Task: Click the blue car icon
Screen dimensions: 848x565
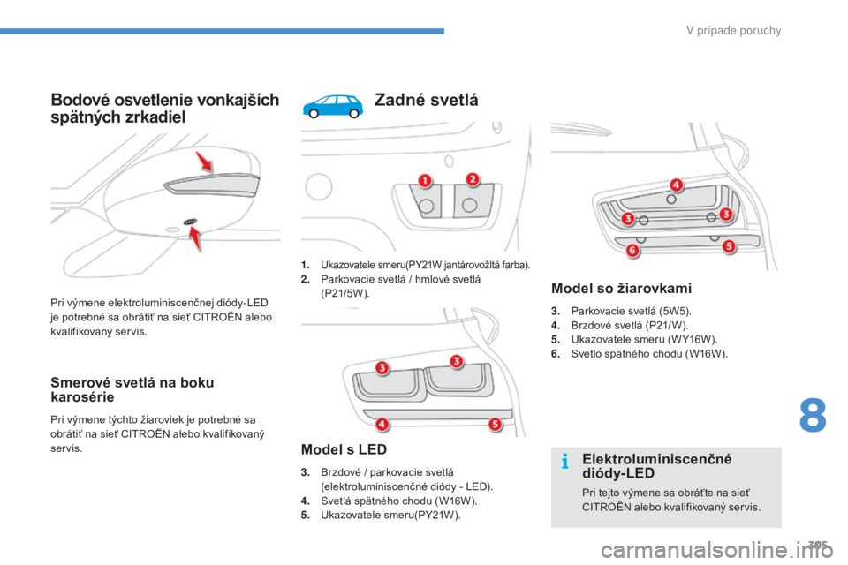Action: point(333,105)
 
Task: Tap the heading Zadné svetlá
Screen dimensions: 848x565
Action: point(426,100)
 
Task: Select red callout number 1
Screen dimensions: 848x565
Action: point(425,181)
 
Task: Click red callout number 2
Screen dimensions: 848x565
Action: point(472,179)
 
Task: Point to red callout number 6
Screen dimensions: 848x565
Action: point(632,251)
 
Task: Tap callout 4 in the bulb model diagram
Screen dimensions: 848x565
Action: point(676,185)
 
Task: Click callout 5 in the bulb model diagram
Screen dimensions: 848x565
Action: point(729,246)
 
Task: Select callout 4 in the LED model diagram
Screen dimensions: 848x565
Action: point(382,424)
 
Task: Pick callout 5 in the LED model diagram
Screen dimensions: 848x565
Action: point(495,425)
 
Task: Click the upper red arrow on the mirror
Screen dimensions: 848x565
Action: point(204,162)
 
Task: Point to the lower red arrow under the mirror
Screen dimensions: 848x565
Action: point(194,238)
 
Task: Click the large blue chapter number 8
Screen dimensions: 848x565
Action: point(813,415)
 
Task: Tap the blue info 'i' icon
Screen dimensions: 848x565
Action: point(565,461)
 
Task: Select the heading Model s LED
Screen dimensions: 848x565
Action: point(344,449)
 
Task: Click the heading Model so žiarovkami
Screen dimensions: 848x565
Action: point(621,288)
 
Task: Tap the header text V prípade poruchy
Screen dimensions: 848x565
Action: point(733,30)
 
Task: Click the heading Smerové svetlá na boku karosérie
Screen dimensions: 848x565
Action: point(132,390)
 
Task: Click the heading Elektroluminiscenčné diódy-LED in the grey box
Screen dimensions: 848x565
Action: point(656,466)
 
